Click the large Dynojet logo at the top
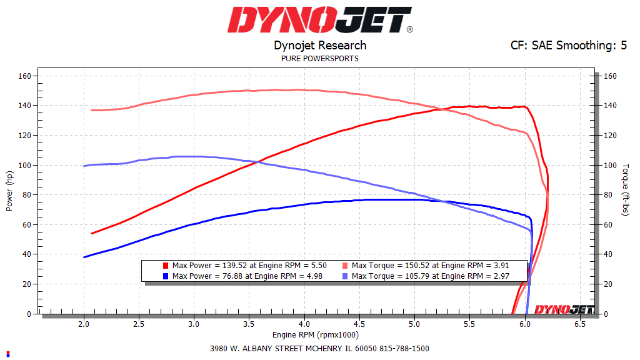click(x=320, y=20)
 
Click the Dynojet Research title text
click(x=320, y=46)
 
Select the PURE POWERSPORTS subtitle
click(x=320, y=59)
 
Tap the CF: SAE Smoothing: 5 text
click(x=569, y=46)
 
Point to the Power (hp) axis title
click(x=9, y=188)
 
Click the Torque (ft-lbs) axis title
click(x=625, y=190)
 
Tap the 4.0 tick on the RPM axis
click(x=304, y=325)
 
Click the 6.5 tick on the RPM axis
click(x=580, y=325)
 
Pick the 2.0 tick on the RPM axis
click(x=84, y=325)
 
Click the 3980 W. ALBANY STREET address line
click(x=320, y=349)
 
